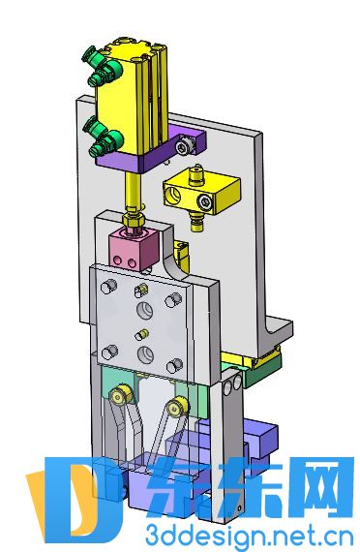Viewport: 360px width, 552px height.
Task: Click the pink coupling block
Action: pyautogui.click(x=133, y=248)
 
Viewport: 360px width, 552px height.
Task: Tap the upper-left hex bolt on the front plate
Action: pyautogui.click(x=108, y=286)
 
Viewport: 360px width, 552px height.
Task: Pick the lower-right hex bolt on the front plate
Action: pyautogui.click(x=175, y=366)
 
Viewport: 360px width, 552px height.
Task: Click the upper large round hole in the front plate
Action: pyautogui.click(x=144, y=310)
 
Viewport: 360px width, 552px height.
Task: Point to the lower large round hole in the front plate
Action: pyautogui.click(x=145, y=354)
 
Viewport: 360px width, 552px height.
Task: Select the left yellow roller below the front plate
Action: pyautogui.click(x=120, y=395)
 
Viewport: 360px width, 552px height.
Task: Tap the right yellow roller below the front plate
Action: pyautogui.click(x=177, y=409)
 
